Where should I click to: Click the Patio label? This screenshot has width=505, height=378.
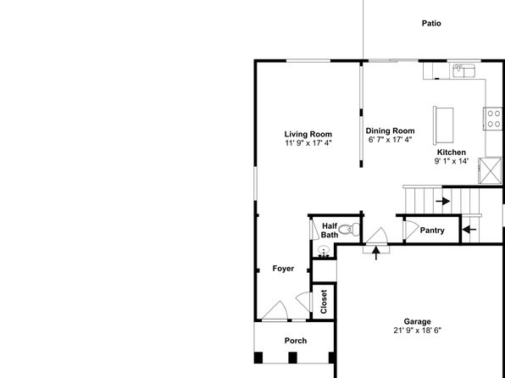click(x=431, y=23)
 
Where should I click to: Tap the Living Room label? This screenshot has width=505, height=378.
click(x=308, y=134)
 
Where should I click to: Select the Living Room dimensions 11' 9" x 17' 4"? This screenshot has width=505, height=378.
click(x=308, y=143)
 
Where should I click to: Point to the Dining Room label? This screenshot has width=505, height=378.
click(x=390, y=131)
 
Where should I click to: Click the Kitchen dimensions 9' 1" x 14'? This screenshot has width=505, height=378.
click(x=452, y=161)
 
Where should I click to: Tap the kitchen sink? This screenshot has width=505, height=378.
click(x=463, y=70)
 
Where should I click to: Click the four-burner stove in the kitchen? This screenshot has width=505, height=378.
click(x=493, y=119)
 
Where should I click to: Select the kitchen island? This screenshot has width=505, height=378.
click(x=443, y=125)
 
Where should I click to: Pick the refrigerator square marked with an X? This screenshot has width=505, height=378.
click(x=490, y=170)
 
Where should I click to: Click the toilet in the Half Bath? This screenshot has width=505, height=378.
click(x=349, y=229)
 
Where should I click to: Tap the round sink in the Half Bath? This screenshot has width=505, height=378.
click(x=324, y=251)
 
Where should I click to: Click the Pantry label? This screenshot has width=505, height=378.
click(x=432, y=231)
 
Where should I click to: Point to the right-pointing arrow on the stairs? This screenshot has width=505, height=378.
click(x=443, y=201)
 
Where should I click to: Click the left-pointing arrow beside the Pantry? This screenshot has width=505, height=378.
click(x=469, y=230)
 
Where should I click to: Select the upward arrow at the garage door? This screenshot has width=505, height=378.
click(x=376, y=253)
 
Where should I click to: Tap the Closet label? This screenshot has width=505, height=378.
click(x=324, y=302)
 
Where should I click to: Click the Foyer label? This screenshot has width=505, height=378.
click(x=283, y=269)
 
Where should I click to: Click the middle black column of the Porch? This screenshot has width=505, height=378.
click(x=292, y=358)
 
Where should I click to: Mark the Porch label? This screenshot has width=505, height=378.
click(x=296, y=341)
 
